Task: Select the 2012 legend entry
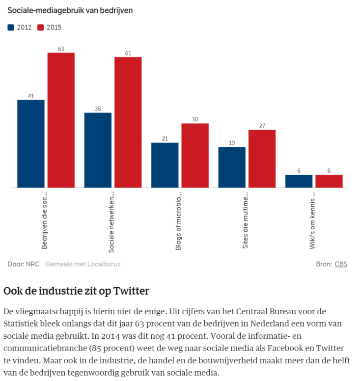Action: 20,27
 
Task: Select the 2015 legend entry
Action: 50,27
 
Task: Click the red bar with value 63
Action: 61,120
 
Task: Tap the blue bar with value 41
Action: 31,143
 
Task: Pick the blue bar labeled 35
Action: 98,150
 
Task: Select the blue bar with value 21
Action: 165,165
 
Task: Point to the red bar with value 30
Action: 195,155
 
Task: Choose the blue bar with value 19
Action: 232,167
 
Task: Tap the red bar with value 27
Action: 262,159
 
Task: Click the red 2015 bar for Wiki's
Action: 329,181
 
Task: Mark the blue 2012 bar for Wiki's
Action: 299,181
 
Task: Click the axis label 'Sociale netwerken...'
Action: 111,221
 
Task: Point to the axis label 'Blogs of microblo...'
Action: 178,219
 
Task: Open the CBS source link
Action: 341,264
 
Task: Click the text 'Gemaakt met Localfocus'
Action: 83,264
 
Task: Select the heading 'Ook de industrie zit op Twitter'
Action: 76,291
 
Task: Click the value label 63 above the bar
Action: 61,49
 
